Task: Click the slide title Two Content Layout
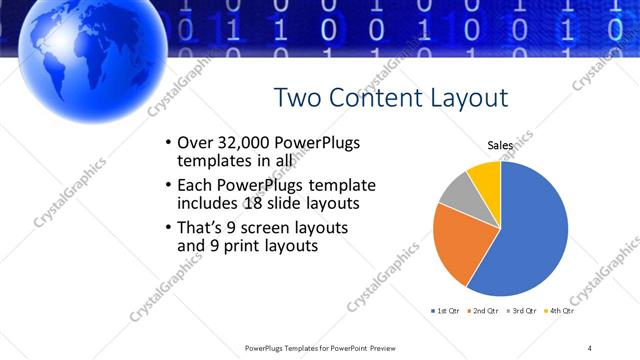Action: (390, 97)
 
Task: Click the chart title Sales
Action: (500, 145)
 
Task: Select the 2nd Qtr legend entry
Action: (482, 312)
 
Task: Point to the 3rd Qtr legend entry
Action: (522, 312)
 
